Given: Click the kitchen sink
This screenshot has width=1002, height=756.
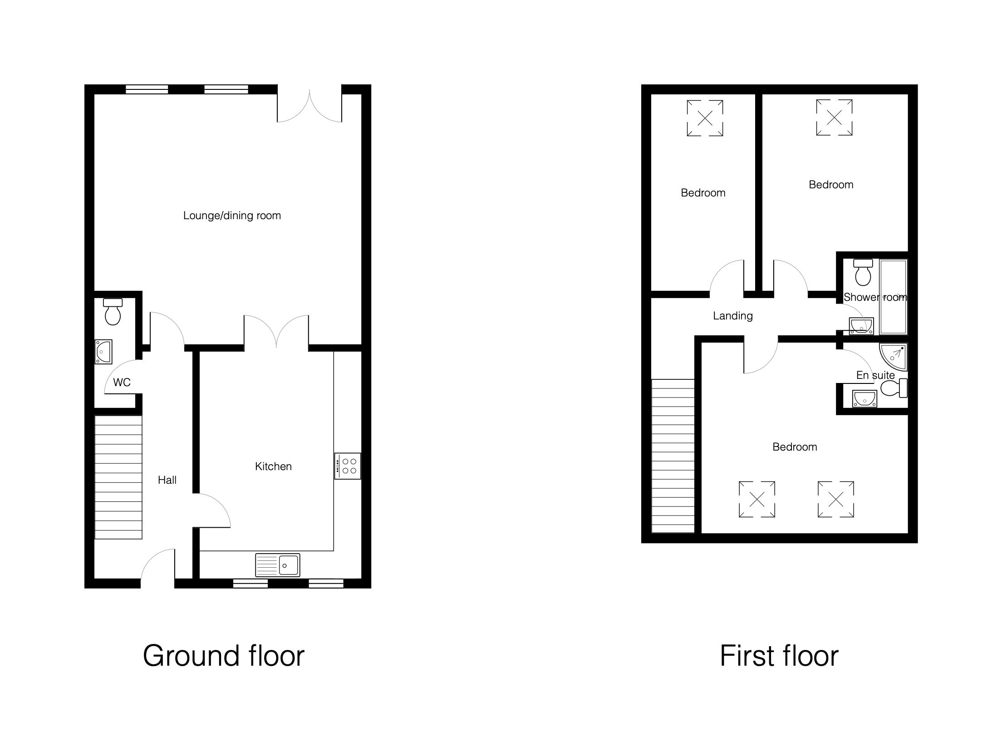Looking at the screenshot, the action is click(x=277, y=565).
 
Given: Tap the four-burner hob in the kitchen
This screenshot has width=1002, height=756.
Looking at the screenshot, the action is click(x=348, y=466).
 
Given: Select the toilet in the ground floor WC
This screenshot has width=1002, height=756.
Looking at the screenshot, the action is click(x=113, y=311).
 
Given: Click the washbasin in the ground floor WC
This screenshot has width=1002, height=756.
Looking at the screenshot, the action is click(x=103, y=352).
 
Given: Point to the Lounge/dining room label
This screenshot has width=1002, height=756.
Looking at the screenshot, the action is click(x=232, y=216).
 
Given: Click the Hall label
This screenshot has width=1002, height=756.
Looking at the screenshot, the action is click(x=167, y=480).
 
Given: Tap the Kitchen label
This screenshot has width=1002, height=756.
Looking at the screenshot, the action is click(x=273, y=466).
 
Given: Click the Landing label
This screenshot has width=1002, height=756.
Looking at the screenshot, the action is click(x=733, y=316).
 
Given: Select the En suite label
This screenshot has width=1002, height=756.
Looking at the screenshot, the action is click(x=875, y=375).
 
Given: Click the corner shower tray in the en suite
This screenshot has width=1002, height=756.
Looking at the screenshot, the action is click(x=893, y=358).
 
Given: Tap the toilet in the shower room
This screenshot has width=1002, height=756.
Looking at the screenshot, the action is click(x=863, y=272).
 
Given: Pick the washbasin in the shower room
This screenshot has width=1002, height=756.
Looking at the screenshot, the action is click(x=861, y=326).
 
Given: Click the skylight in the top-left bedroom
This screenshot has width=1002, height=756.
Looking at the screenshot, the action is click(x=705, y=118).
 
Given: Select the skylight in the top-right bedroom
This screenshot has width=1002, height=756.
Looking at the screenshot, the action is click(x=834, y=118).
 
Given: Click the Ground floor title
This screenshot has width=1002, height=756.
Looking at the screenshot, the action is click(x=224, y=656).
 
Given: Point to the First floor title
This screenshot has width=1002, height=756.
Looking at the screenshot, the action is click(x=779, y=656).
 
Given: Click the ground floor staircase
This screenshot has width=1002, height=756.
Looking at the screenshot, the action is click(x=118, y=477).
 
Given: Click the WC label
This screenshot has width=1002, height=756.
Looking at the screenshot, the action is click(x=122, y=383).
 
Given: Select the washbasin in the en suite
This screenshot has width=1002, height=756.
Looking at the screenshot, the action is click(x=864, y=398).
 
